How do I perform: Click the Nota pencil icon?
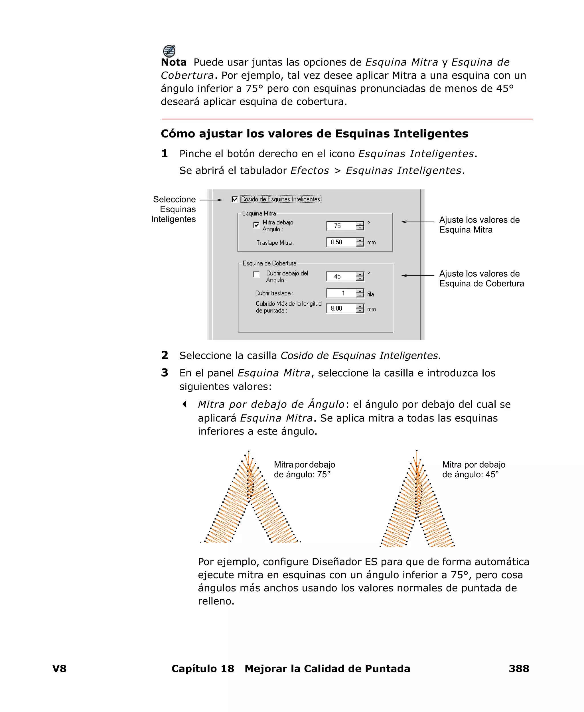[x=169, y=51]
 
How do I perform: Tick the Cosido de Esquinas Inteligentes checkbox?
[x=235, y=199]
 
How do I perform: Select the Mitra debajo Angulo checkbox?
[x=256, y=225]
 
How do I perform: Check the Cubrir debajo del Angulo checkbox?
[x=256, y=274]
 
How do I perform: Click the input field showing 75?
[x=341, y=226]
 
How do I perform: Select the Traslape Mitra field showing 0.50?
[x=341, y=242]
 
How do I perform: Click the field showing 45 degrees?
[x=341, y=276]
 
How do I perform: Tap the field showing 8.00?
[x=341, y=309]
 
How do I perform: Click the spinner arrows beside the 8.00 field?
[x=360, y=309]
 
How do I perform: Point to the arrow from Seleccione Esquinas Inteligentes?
[x=211, y=200]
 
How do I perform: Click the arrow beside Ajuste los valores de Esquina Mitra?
[x=417, y=222]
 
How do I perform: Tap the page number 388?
[x=519, y=668]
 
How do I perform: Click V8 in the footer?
[x=59, y=668]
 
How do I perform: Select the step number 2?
[x=165, y=355]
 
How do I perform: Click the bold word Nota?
[x=174, y=62]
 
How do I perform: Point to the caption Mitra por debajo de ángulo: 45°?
[x=473, y=470]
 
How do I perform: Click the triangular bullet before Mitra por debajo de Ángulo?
[x=184, y=404]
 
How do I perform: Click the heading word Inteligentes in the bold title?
[x=431, y=133]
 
